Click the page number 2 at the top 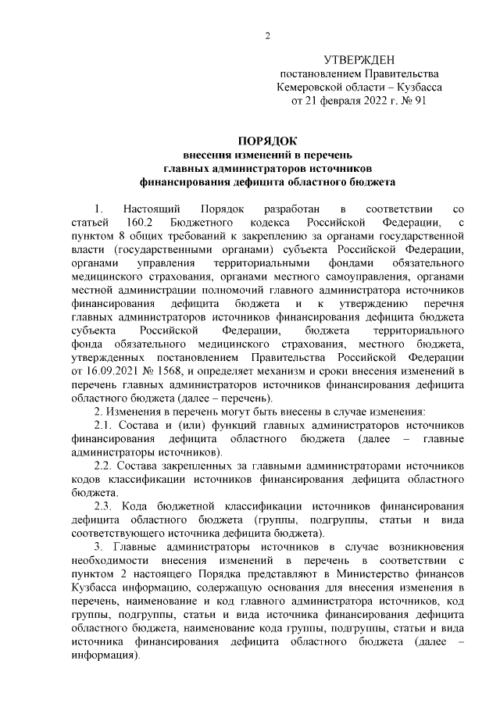point(266,36)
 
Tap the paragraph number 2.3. point(103,505)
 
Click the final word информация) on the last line point(105,656)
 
